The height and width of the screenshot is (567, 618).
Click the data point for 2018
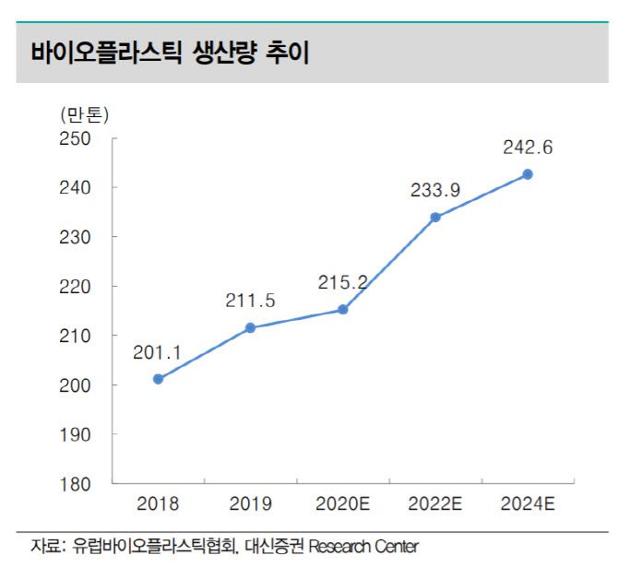click(x=158, y=379)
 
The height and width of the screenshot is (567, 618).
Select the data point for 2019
click(x=250, y=327)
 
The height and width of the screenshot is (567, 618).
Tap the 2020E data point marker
click(x=342, y=310)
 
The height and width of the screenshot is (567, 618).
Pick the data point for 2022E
click(x=435, y=218)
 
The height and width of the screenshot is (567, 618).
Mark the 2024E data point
click(x=528, y=174)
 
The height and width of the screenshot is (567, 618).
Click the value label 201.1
click(x=158, y=351)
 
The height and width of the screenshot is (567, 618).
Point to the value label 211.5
click(x=250, y=301)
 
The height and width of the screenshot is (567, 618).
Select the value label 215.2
click(x=342, y=282)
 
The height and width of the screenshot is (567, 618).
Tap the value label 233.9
click(x=435, y=190)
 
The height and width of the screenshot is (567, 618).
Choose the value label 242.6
click(x=528, y=148)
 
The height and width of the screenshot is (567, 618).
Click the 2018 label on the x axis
click(x=158, y=504)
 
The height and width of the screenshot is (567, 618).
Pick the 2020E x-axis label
click(x=342, y=504)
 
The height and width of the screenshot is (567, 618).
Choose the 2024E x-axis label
click(x=528, y=504)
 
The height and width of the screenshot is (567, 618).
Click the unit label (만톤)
click(x=84, y=115)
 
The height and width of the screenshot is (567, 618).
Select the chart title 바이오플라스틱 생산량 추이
click(x=170, y=53)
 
